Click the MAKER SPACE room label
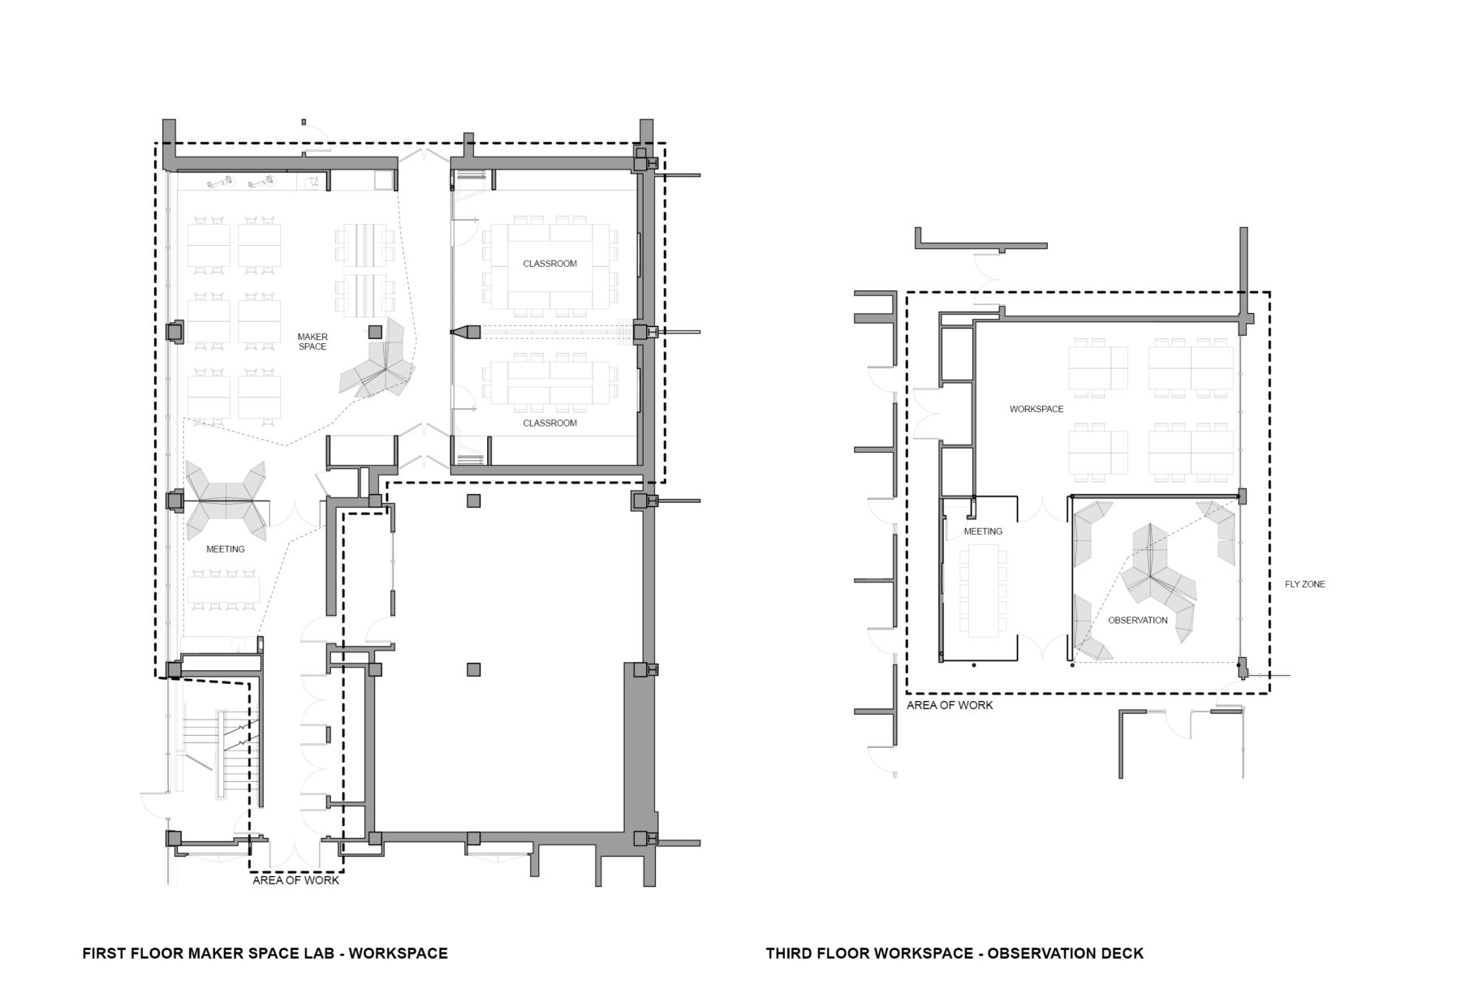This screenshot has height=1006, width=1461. tap(312, 342)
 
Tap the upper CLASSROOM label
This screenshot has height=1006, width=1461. tap(549, 264)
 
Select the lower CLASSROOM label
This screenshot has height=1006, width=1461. tap(549, 423)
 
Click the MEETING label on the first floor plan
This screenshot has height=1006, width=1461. tap(225, 549)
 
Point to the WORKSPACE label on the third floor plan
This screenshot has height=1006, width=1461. tap(1036, 409)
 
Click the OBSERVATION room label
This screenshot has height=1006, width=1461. tap(1137, 620)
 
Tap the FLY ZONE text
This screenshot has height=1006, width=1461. tap(1304, 584)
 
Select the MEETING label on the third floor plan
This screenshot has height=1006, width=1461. tap(982, 531)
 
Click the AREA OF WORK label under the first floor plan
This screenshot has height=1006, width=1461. tap(295, 880)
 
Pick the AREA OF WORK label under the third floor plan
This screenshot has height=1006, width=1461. tap(949, 705)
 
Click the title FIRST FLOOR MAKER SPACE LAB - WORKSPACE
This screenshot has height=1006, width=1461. tap(265, 953)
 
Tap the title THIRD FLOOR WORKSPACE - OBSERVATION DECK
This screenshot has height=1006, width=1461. tap(954, 953)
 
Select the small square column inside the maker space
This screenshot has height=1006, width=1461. tap(374, 331)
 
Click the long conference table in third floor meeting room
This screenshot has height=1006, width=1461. tap(982, 590)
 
